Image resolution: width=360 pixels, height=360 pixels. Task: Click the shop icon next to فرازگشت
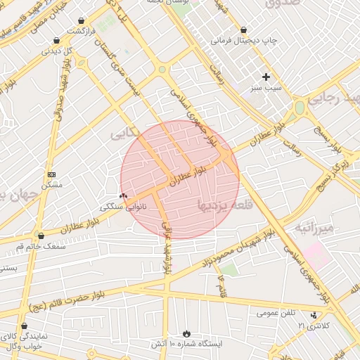pyautogui.click(x=84, y=21)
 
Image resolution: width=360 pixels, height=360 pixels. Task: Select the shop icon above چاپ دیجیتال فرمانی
pyautogui.click(x=243, y=30)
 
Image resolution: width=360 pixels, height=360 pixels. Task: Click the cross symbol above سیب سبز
pyautogui.click(x=266, y=77)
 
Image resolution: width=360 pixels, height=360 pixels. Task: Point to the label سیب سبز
pyautogui.click(x=264, y=89)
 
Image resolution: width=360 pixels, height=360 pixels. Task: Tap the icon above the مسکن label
pyautogui.click(x=51, y=174)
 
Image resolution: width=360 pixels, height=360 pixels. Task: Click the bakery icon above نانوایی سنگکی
pyautogui.click(x=124, y=195)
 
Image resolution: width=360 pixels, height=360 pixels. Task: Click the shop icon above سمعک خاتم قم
pyautogui.click(x=41, y=236)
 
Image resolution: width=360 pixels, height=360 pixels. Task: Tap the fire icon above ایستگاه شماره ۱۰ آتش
pyautogui.click(x=186, y=333)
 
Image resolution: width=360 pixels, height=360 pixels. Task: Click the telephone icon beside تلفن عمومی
pyautogui.click(x=314, y=314)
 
